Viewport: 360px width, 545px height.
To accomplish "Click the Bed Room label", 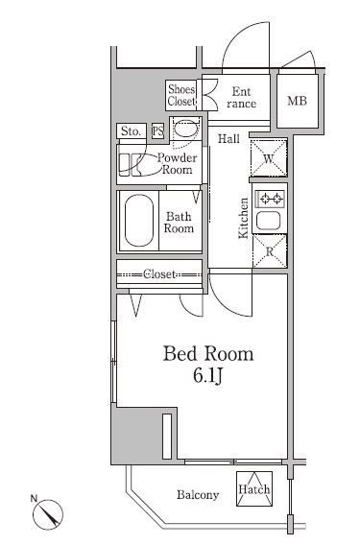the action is (208, 354).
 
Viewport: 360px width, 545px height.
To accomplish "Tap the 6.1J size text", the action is (208, 375).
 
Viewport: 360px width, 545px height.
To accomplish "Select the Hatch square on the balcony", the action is (254, 488).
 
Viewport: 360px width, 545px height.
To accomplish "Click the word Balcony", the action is (198, 494).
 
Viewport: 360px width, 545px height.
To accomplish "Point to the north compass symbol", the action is (48, 513).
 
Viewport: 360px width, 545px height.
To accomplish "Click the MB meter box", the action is (298, 101).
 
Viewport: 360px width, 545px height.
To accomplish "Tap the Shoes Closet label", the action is (180, 95).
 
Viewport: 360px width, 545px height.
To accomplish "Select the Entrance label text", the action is (241, 98).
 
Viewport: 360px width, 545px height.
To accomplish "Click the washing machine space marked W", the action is (269, 158).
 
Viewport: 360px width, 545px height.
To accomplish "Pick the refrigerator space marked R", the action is (270, 251).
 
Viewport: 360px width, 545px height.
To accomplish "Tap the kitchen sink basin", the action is (268, 221).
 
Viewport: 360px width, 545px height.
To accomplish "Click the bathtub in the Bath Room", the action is (139, 221).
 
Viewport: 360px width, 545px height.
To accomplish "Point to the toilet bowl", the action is (185, 129).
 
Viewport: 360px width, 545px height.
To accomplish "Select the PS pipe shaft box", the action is (157, 131).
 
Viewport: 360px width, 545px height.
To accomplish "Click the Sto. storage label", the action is (132, 131).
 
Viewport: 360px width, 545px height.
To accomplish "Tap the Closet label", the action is (159, 274).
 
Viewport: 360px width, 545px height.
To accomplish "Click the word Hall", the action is (228, 139).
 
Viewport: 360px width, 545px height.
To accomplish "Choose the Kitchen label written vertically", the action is (244, 218).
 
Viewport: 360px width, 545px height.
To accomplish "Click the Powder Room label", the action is (177, 164).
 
